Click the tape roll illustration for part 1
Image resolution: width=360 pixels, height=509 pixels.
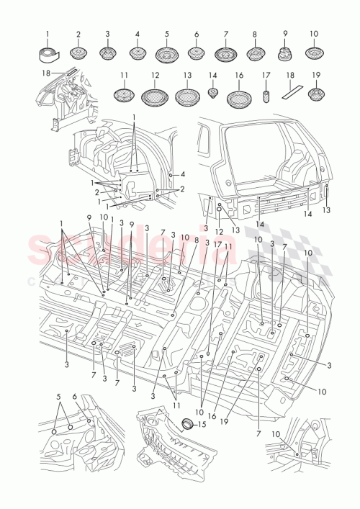(x=49, y=53)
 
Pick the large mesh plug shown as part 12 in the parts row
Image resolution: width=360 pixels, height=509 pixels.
(x=155, y=96)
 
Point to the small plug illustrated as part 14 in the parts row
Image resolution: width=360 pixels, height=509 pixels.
(x=212, y=93)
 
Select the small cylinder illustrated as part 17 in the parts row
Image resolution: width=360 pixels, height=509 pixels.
(x=265, y=95)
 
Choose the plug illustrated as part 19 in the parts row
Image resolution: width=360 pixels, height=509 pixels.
(x=315, y=94)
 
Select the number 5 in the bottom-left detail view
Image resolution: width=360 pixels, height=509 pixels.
(x=58, y=397)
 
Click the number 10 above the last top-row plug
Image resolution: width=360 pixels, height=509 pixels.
(x=314, y=34)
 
